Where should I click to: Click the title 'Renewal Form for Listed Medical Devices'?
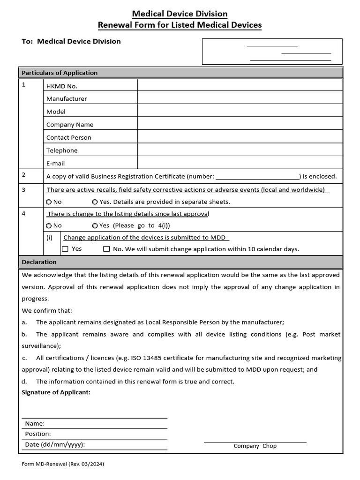click(x=180, y=25)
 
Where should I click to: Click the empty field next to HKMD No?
click(x=240, y=85)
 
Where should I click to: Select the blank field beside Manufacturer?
click(x=240, y=98)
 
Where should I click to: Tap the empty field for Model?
click(x=240, y=111)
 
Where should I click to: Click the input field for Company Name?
click(x=240, y=124)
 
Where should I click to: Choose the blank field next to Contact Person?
click(x=240, y=137)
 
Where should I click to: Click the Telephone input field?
click(x=240, y=150)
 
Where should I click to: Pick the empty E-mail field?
click(x=240, y=163)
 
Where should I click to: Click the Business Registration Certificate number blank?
click(x=257, y=177)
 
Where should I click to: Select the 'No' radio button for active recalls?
click(x=49, y=202)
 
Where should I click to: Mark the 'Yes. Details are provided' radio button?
click(x=95, y=202)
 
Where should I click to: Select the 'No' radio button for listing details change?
click(x=49, y=225)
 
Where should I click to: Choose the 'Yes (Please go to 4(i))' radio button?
click(x=95, y=225)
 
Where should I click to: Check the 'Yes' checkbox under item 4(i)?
click(x=65, y=249)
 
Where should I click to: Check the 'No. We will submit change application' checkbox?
click(x=106, y=249)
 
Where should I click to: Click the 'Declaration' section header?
click(x=39, y=262)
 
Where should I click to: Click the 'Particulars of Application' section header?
click(x=60, y=73)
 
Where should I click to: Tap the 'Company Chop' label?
click(x=255, y=446)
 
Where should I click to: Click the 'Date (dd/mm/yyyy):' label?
click(x=55, y=444)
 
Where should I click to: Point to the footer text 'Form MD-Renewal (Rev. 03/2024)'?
click(x=63, y=465)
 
